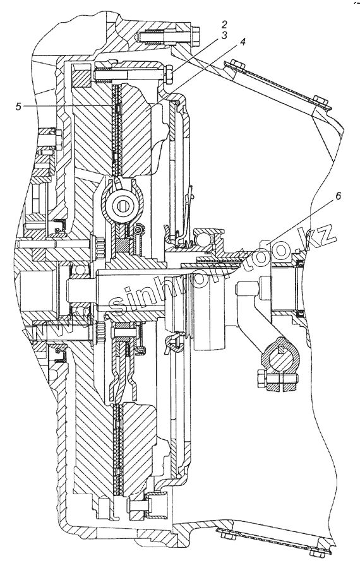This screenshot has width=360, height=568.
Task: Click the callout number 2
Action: (224, 25)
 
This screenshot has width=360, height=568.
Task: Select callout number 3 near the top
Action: (224, 35)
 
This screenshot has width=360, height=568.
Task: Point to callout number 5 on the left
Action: (18, 107)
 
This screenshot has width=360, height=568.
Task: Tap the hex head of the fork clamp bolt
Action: (261, 379)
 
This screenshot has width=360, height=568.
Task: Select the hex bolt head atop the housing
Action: (196, 34)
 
